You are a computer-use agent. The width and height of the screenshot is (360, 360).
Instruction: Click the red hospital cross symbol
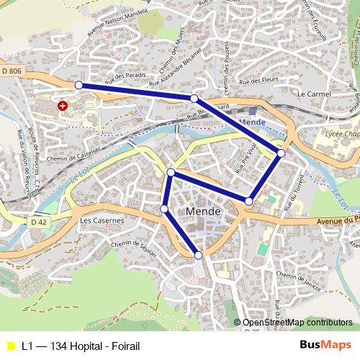[x=63, y=106]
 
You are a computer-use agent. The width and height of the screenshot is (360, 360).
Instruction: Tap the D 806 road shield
[x=12, y=71]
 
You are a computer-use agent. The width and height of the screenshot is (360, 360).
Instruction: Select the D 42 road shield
[x=39, y=222]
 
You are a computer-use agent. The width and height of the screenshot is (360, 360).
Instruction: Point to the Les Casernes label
[x=97, y=220]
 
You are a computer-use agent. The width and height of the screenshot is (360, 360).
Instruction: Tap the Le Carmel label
[x=312, y=94]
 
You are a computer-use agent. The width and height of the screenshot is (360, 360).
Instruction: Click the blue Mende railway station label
[x=251, y=122]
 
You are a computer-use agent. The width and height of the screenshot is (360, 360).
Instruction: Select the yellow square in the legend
[x=10, y=346]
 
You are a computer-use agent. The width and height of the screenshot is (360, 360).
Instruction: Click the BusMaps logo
[x=326, y=345]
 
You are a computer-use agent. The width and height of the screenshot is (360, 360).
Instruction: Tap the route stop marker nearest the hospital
[x=78, y=85]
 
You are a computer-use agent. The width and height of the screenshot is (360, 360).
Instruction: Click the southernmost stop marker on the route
[x=199, y=254]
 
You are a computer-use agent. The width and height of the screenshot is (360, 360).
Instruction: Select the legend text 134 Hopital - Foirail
[x=81, y=346]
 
